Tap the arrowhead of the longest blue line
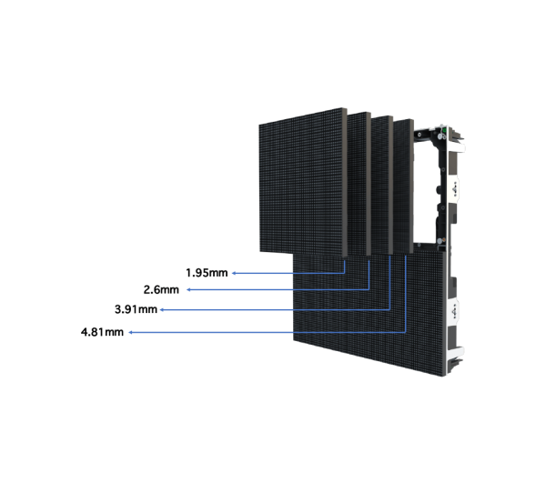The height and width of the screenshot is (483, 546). [x=131, y=333]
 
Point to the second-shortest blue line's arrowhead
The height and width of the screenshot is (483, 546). [x=187, y=289]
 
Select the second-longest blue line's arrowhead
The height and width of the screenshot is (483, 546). [x=162, y=310]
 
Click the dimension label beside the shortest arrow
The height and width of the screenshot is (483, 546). [x=210, y=272]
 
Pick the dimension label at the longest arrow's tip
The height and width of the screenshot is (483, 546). [x=102, y=333]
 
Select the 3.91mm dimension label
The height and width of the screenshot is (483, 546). [x=102, y=333]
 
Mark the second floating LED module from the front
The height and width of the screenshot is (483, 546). [x=359, y=186]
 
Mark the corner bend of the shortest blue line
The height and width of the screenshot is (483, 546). [x=346, y=273]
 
